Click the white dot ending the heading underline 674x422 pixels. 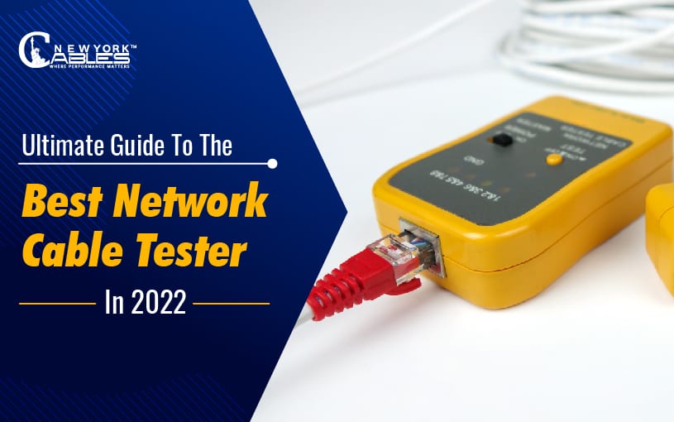tap(272, 164)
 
